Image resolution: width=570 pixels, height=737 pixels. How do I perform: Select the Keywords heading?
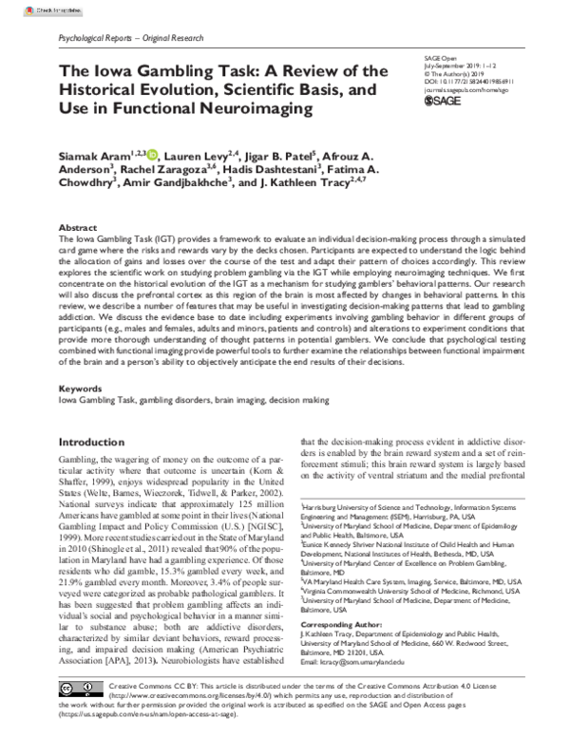80,389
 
